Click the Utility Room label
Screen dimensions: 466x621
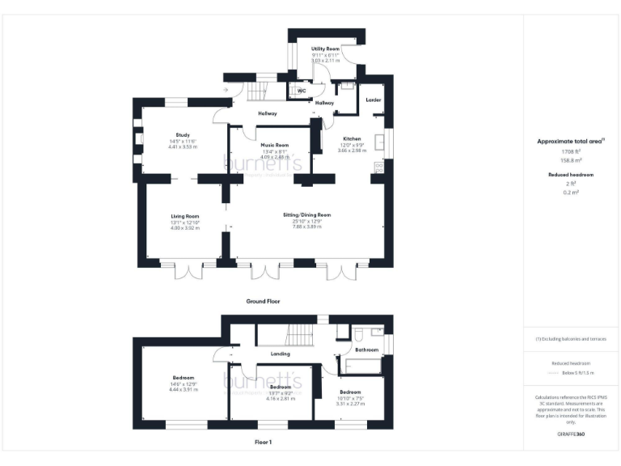(x=326, y=49)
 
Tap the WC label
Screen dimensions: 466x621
(x=301, y=91)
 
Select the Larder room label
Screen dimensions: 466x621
(x=373, y=100)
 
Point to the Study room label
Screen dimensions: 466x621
(x=183, y=134)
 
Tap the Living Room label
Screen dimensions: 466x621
(x=184, y=216)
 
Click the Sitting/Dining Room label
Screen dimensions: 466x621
(x=307, y=214)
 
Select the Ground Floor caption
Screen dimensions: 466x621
(x=263, y=300)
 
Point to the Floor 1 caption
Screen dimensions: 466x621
(x=263, y=443)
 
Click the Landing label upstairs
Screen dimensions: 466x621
(x=280, y=354)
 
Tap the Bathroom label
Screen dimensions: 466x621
(x=367, y=349)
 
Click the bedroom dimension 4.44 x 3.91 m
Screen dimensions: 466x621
(x=184, y=390)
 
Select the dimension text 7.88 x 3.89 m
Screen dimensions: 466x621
(x=307, y=227)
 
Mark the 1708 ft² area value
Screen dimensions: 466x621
(x=571, y=151)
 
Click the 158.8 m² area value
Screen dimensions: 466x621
(x=571, y=159)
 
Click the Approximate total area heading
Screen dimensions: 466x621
(x=571, y=141)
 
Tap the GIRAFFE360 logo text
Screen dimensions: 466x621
(x=571, y=435)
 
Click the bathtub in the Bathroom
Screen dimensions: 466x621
(x=362, y=365)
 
